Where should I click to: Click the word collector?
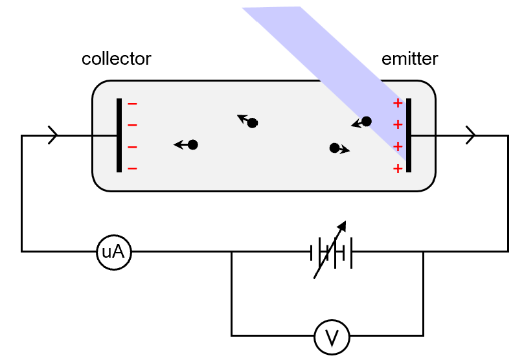[116, 59]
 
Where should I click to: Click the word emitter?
[410, 59]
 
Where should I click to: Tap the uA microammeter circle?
[114, 252]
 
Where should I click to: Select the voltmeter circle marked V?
[332, 337]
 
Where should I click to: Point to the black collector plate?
[119, 135]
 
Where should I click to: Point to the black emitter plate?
[409, 135]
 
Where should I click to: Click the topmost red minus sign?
[132, 104]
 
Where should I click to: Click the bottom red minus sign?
[132, 168]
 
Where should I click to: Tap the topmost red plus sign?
[398, 104]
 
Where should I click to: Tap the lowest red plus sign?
[398, 168]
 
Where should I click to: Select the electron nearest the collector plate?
[192, 145]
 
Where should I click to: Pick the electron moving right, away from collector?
[334, 148]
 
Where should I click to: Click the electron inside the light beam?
[366, 121]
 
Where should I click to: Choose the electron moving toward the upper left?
[253, 123]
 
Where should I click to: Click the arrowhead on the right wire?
[471, 135]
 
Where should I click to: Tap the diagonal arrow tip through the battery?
[343, 224]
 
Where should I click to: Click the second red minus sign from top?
[132, 125]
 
